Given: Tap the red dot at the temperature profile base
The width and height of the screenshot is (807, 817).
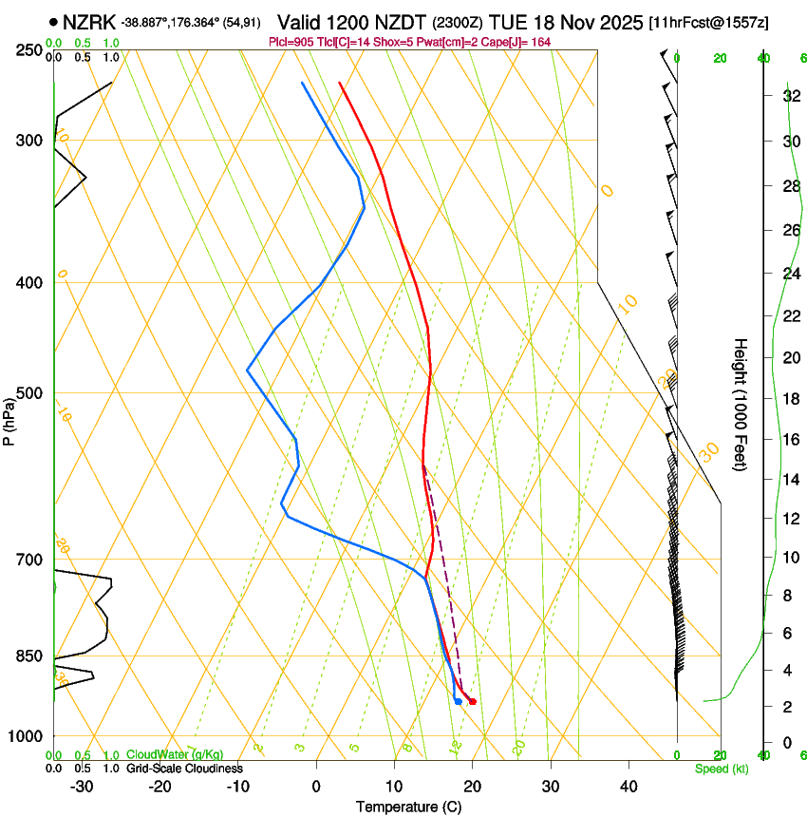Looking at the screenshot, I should point(473,701).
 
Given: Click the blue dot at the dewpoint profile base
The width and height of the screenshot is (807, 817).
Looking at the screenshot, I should point(458,701).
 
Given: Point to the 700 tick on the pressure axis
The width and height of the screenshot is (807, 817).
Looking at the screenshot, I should point(28,560).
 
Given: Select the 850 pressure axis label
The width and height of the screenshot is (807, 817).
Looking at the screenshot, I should point(28,656).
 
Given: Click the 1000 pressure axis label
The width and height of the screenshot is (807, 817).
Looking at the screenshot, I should point(25,736).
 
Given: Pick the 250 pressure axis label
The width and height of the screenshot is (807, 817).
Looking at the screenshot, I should point(28,50).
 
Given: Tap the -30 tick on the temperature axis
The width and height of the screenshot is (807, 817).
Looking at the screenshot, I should point(82,787).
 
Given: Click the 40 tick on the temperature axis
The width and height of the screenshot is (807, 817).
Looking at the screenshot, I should point(629,787).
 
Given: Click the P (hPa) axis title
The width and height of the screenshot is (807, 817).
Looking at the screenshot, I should point(9,420).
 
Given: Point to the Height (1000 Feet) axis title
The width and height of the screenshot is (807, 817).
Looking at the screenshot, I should point(741,404).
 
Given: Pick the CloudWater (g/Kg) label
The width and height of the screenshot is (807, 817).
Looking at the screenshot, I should point(169,755).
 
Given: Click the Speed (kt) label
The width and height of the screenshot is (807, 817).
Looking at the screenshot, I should point(721,768).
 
